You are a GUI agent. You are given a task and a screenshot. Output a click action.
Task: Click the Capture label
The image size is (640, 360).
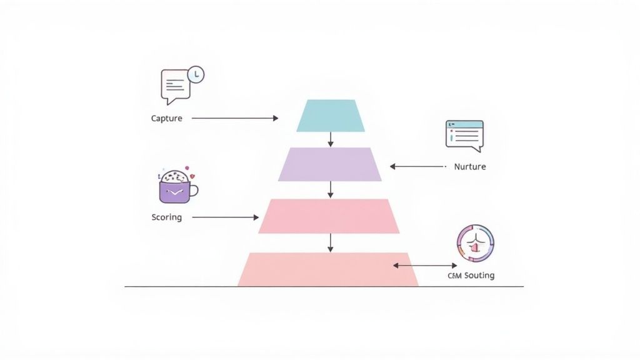coord(167,118)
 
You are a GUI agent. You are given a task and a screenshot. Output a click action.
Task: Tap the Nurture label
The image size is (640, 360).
coord(469,167)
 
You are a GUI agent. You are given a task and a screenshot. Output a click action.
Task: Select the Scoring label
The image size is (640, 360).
coord(167,217)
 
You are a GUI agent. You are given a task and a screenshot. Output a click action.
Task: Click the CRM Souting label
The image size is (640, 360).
coord(471,275)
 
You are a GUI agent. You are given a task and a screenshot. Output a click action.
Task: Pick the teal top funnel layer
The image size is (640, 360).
coord(331,116)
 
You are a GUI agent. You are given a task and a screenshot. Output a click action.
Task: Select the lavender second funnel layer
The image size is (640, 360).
coord(330,164)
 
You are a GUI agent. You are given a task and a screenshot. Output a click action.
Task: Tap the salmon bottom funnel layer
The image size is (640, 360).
coord(328,269)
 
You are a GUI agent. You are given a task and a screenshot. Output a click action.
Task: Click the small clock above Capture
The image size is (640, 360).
coord(196,74)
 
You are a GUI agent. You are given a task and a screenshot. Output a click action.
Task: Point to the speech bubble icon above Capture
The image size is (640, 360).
coord(175,86)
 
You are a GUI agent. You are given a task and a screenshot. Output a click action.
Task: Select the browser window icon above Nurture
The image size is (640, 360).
coord(464,135)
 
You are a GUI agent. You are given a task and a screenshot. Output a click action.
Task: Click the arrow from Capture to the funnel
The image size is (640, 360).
coord(234,117)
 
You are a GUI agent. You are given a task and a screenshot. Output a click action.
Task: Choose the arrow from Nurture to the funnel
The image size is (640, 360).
coord(417,167)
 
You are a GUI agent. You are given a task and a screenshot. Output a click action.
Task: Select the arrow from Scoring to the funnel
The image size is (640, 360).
coord(225,217)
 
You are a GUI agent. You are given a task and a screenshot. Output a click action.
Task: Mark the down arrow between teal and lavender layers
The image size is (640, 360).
coord(331,140)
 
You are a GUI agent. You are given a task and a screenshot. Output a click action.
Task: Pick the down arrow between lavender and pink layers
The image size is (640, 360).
coord(331,190)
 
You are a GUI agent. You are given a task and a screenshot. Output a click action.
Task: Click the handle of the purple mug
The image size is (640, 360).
coord(193,190)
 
